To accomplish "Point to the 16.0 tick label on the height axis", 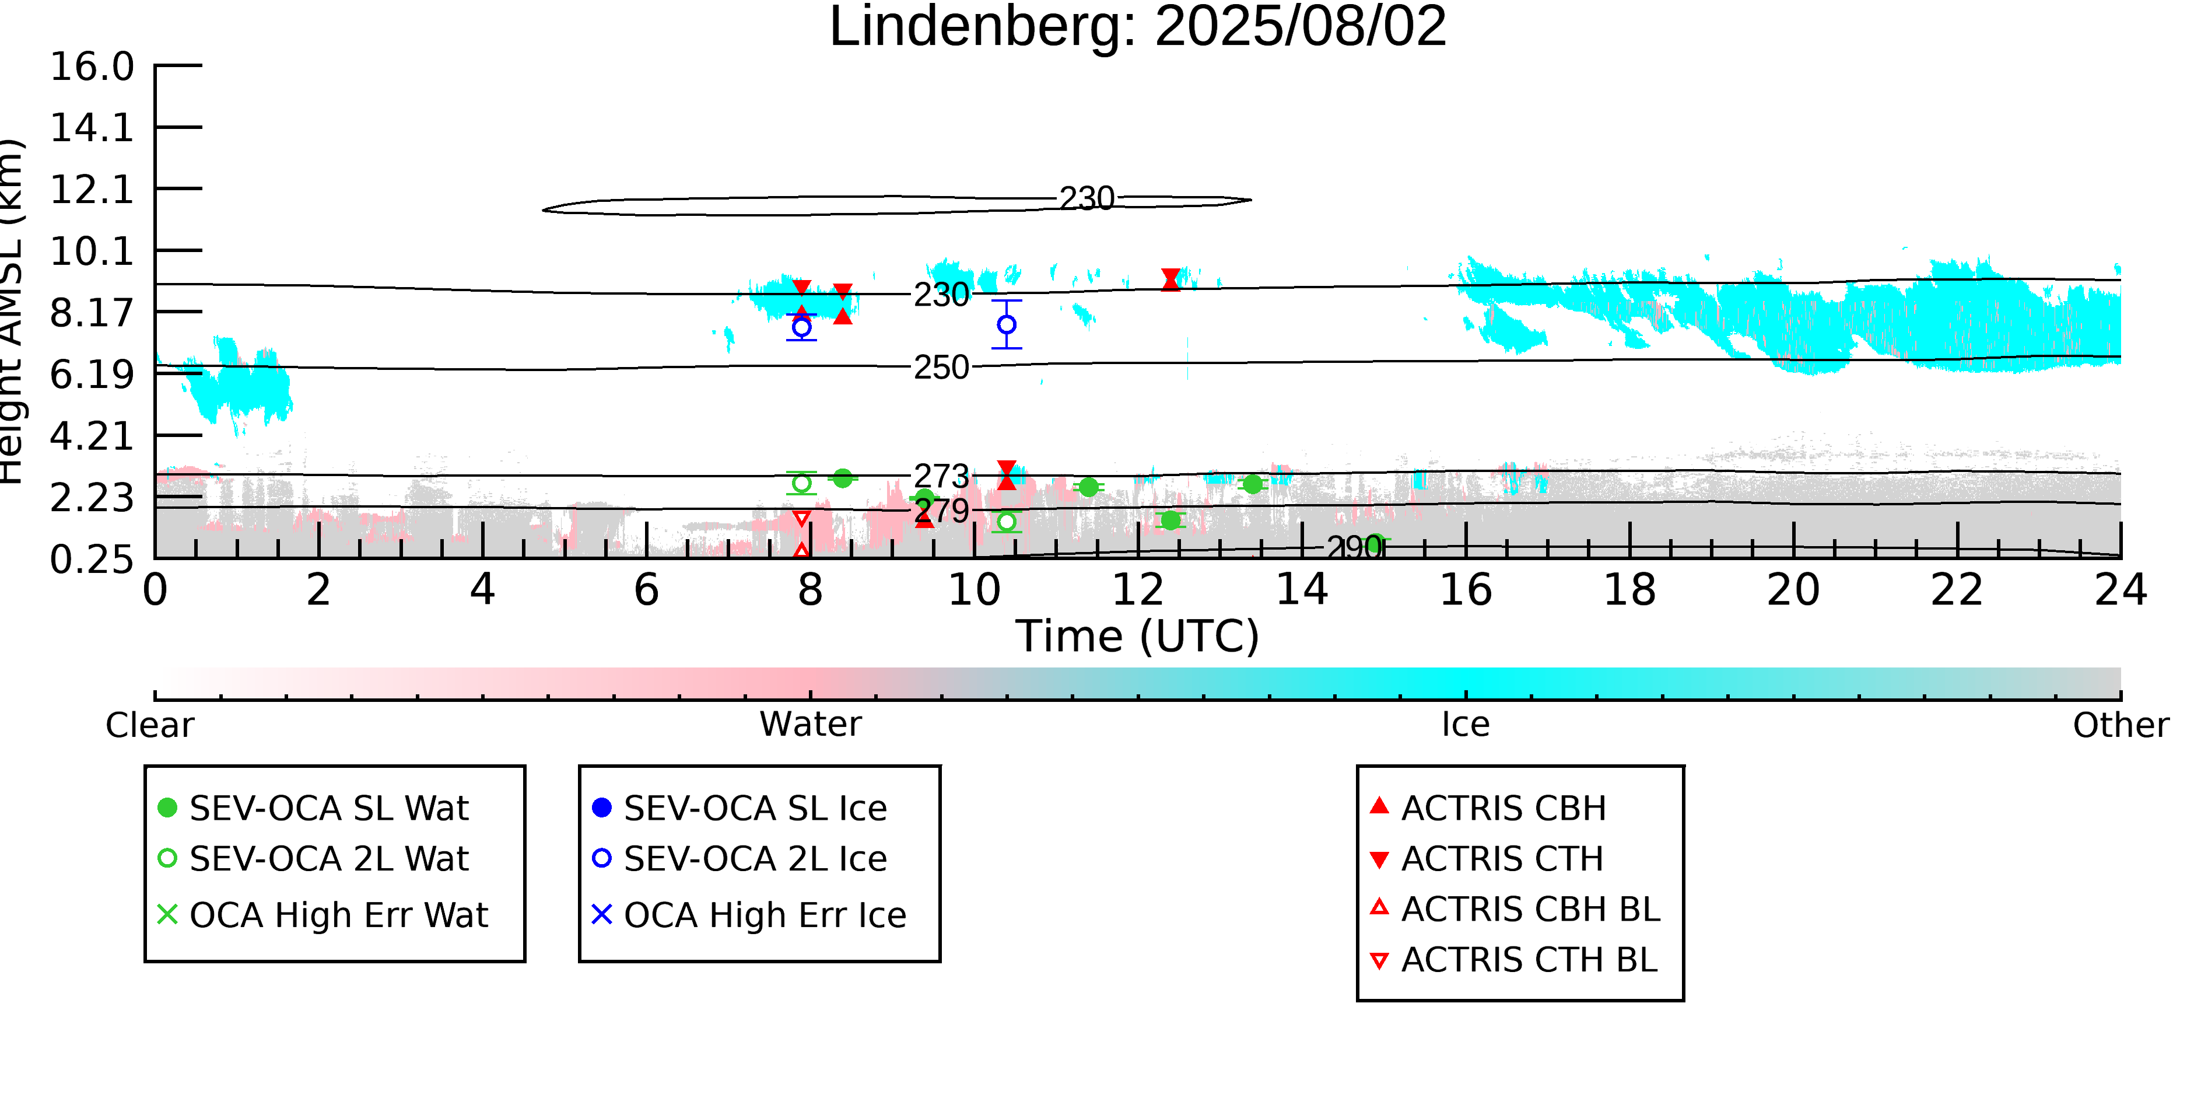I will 92,67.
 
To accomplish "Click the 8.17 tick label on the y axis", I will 92,313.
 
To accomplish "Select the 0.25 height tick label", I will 92,560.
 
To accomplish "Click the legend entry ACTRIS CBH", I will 1503,808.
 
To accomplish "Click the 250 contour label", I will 941,368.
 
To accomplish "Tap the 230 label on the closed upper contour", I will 1087,199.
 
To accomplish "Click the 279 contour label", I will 942,511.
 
